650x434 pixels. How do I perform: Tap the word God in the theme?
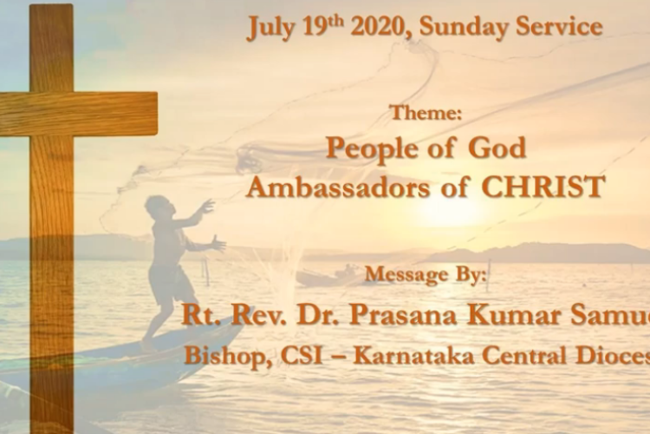point(497,148)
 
